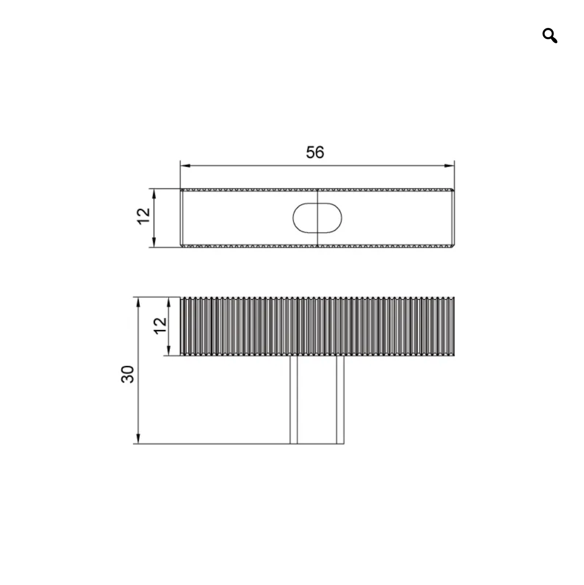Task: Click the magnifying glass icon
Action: (x=549, y=36)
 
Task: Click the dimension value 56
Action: (x=315, y=152)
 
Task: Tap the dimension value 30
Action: (x=127, y=374)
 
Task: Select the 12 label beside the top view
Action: (x=143, y=216)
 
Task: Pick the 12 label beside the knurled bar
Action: (x=160, y=326)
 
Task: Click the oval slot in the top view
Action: (x=317, y=218)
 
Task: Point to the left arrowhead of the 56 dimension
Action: (x=185, y=166)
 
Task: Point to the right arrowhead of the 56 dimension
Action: (x=449, y=166)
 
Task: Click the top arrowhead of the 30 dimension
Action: (x=138, y=302)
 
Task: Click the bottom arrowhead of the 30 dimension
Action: (x=138, y=438)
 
